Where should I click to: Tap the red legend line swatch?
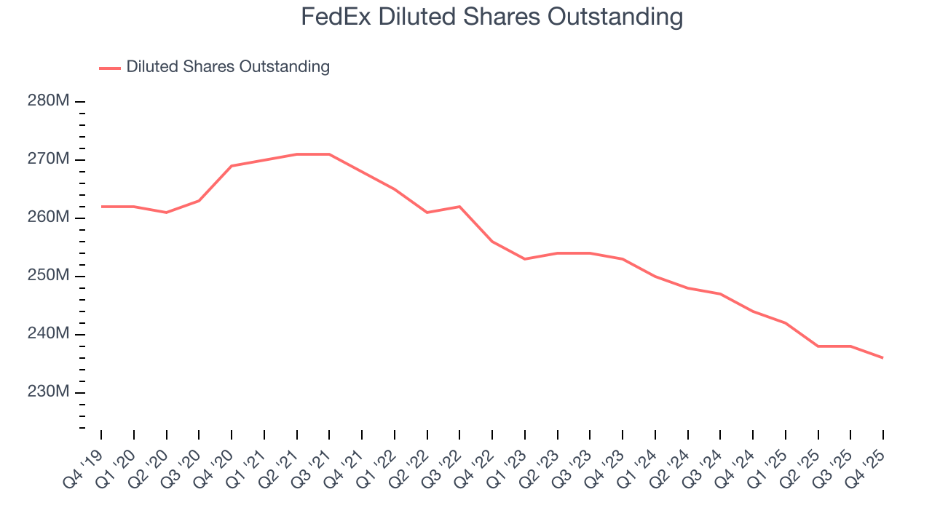pos(109,68)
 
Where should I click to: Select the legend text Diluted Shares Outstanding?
pos(228,67)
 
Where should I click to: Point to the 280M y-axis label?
pos(48,101)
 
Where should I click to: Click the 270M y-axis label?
pos(48,159)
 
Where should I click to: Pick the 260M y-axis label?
pos(48,218)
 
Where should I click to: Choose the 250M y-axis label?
pos(48,276)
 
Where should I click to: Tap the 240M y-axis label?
pos(48,334)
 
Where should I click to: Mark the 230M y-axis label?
pos(48,392)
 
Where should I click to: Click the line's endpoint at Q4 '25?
pos(883,358)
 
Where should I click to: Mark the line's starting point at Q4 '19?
pos(101,207)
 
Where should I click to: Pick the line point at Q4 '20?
pos(232,166)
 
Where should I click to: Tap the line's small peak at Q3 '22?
pos(459,207)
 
